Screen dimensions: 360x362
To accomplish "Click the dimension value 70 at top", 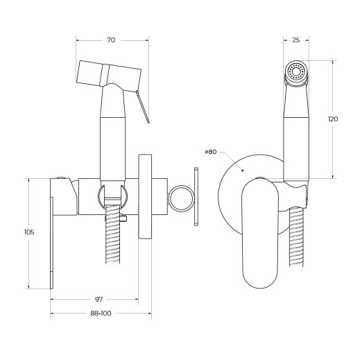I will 112,41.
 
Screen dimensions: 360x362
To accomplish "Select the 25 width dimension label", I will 296,41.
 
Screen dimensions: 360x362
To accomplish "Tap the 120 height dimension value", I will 333,119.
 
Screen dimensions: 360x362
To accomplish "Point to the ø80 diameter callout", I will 211,151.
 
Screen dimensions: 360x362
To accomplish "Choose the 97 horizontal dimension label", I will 98,299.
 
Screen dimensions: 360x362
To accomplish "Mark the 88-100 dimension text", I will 101,314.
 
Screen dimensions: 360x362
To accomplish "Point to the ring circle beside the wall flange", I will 182,197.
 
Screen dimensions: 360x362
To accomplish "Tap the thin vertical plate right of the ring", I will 197,197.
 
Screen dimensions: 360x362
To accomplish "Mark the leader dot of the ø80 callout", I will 240,167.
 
